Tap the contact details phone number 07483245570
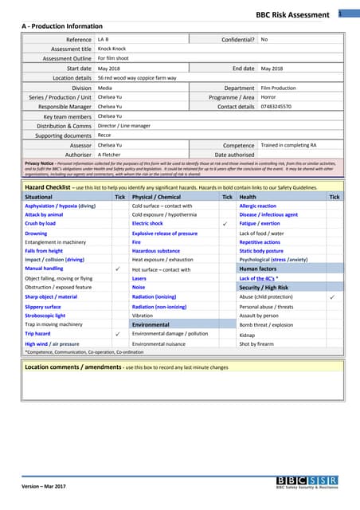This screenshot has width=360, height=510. click(276, 106)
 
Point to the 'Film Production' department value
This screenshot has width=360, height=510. click(279, 88)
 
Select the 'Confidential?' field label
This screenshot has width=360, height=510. click(238, 39)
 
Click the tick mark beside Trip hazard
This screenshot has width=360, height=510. click(118, 334)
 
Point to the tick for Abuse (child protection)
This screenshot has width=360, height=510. click(332, 296)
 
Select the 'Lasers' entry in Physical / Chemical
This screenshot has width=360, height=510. click(139, 279)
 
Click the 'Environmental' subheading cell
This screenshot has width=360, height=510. click(151, 325)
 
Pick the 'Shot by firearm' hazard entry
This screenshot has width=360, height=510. click(260, 343)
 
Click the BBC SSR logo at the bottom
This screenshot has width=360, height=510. click(307, 481)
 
